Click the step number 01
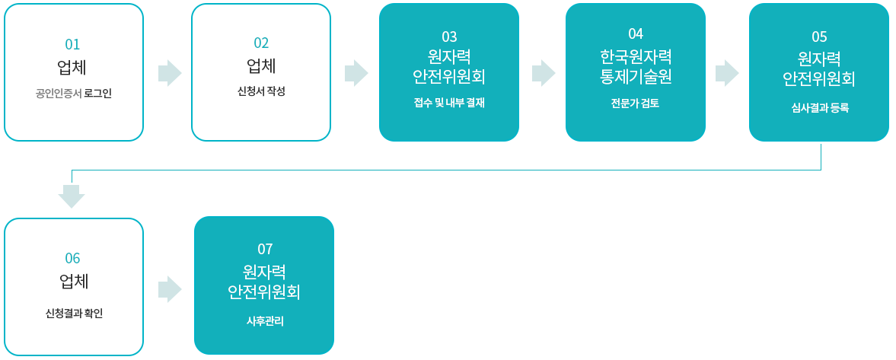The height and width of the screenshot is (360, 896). pyautogui.click(x=72, y=45)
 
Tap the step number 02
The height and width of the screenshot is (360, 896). pyautogui.click(x=261, y=43)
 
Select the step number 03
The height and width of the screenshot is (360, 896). pyautogui.click(x=449, y=37)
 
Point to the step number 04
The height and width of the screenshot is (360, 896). pyautogui.click(x=636, y=33)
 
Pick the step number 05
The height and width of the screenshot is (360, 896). pyautogui.click(x=819, y=37)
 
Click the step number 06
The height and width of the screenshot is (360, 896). pyautogui.click(x=72, y=258)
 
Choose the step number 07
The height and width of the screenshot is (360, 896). pyautogui.click(x=265, y=249)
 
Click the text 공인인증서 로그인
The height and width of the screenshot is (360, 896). pyautogui.click(x=74, y=94)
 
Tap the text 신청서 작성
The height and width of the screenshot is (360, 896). pyautogui.click(x=261, y=91)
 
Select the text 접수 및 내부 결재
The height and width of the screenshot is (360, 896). pyautogui.click(x=449, y=103)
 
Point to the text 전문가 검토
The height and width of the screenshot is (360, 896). pyautogui.click(x=636, y=103)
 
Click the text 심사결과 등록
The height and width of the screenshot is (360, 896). pyautogui.click(x=819, y=107)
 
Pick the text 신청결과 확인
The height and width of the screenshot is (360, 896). pyautogui.click(x=74, y=314)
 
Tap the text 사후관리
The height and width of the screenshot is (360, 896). pyautogui.click(x=265, y=322)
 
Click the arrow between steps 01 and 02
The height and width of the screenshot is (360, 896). pyautogui.click(x=170, y=73)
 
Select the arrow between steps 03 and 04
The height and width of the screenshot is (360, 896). pyautogui.click(x=544, y=73)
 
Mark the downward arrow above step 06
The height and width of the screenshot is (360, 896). pyautogui.click(x=72, y=196)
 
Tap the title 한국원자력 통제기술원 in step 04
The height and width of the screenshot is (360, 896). pyautogui.click(x=636, y=66)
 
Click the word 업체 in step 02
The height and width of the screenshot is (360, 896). pyautogui.click(x=261, y=66)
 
